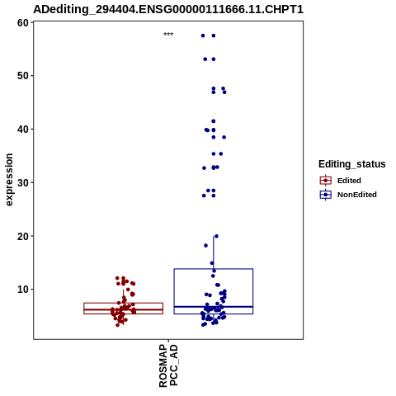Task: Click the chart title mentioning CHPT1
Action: [x=168, y=9]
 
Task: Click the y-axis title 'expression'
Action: [x=9, y=180]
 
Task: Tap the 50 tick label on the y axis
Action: [x=23, y=76]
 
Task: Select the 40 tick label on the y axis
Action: [x=23, y=129]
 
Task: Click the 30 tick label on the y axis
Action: [x=23, y=182]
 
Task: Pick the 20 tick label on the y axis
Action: [x=23, y=236]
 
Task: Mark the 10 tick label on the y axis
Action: [x=23, y=290]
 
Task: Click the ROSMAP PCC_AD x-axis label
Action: [x=168, y=365]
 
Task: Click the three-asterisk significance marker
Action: [x=168, y=35]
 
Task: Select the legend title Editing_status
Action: [x=352, y=164]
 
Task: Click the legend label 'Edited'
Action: [x=349, y=181]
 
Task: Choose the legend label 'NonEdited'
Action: [x=357, y=195]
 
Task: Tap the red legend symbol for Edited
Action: [x=326, y=181]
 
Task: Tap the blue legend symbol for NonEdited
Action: [x=326, y=195]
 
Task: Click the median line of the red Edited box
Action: [x=123, y=309]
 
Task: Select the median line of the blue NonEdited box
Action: [x=214, y=306]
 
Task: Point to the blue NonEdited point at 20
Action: [x=216, y=236]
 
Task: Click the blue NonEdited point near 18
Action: [x=205, y=245]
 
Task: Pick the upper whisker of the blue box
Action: [x=214, y=252]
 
